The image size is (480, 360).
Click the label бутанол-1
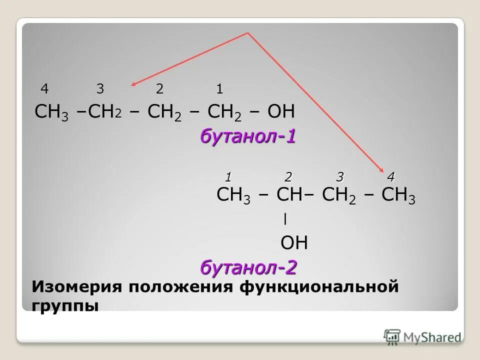[248, 136]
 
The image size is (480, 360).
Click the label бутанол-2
[248, 268]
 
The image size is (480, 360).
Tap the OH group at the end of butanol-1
[281, 111]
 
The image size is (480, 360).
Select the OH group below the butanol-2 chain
[294, 243]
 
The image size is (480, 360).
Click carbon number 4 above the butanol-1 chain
[44, 89]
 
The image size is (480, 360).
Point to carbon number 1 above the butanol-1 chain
[219, 89]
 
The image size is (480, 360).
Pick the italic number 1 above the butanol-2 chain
[228, 176]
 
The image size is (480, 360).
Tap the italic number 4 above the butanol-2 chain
[390, 176]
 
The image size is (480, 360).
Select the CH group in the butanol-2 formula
[289, 195]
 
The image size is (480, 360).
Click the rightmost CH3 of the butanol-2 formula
[398, 195]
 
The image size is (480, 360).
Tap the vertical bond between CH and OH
[284, 219]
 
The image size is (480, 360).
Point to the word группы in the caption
[65, 304]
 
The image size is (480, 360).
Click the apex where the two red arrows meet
[247, 33]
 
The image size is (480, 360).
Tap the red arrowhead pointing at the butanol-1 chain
[134, 85]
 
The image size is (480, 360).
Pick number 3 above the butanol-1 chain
[100, 89]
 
